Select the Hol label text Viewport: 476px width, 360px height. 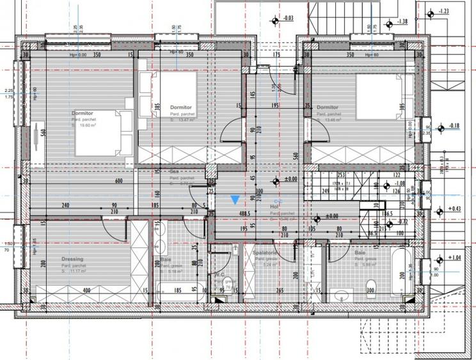pos(274,207)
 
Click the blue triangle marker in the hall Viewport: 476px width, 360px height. pos(236,200)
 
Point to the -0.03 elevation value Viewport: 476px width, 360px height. pos(289,19)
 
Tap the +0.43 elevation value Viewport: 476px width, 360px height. pos(454,208)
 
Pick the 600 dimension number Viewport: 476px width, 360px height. pos(119,181)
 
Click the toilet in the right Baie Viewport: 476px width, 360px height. pos(370,285)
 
